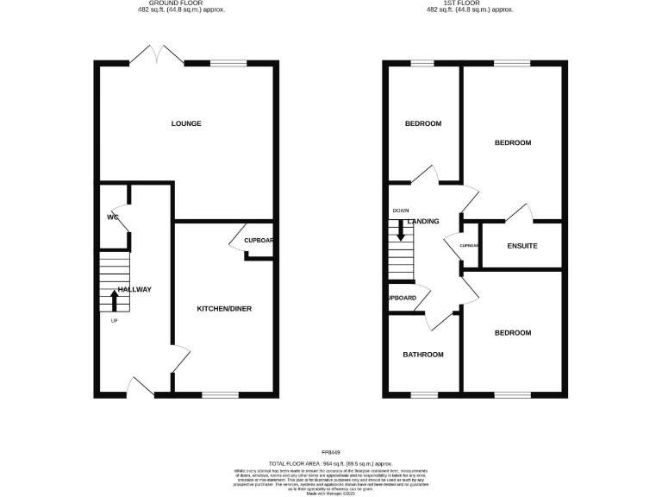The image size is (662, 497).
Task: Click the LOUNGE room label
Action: (186, 123)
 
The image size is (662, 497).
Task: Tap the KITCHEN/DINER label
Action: (224, 309)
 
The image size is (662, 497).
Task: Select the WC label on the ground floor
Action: (112, 217)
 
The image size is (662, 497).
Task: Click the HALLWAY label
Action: (134, 289)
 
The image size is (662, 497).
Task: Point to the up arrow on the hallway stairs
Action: (115, 299)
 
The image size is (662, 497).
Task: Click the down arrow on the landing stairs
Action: (400, 230)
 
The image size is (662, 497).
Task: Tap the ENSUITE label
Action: (522, 246)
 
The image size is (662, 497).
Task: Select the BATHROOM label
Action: (423, 355)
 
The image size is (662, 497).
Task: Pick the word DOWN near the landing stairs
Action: (401, 211)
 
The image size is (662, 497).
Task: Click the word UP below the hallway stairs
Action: (114, 321)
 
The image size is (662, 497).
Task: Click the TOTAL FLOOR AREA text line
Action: (331, 462)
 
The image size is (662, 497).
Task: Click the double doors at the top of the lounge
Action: (165, 57)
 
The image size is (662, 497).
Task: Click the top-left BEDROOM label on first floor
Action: (423, 123)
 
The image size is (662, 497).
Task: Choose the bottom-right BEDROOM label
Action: (512, 332)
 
